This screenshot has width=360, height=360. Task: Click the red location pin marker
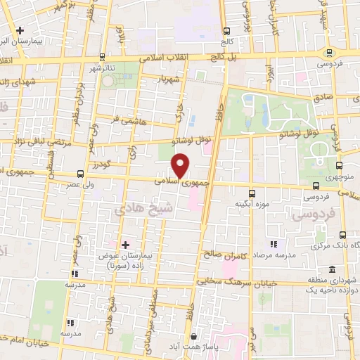pos(181,166)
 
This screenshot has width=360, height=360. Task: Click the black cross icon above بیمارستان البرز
pos(21,31)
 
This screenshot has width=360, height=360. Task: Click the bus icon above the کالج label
pos(227,31)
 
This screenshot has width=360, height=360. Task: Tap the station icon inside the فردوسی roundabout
pos(330,53)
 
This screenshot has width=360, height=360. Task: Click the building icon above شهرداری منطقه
pos(332,270)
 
